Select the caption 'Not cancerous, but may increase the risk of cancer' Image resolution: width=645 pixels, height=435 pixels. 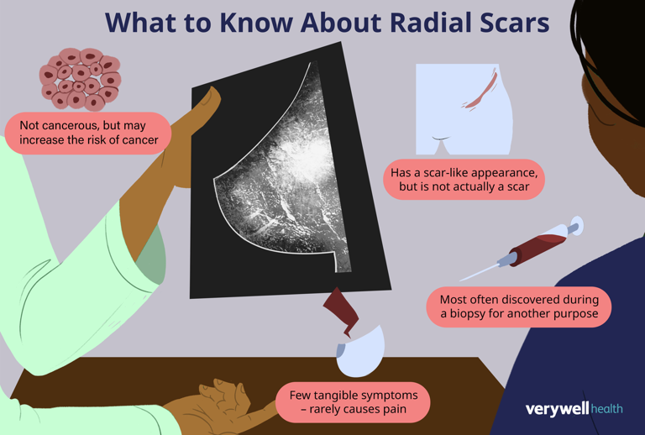(88, 133)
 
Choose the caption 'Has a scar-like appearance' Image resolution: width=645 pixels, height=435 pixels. (464, 179)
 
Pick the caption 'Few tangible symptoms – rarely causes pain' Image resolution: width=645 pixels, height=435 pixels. (353, 402)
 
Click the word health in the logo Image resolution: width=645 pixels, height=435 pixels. (606, 409)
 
